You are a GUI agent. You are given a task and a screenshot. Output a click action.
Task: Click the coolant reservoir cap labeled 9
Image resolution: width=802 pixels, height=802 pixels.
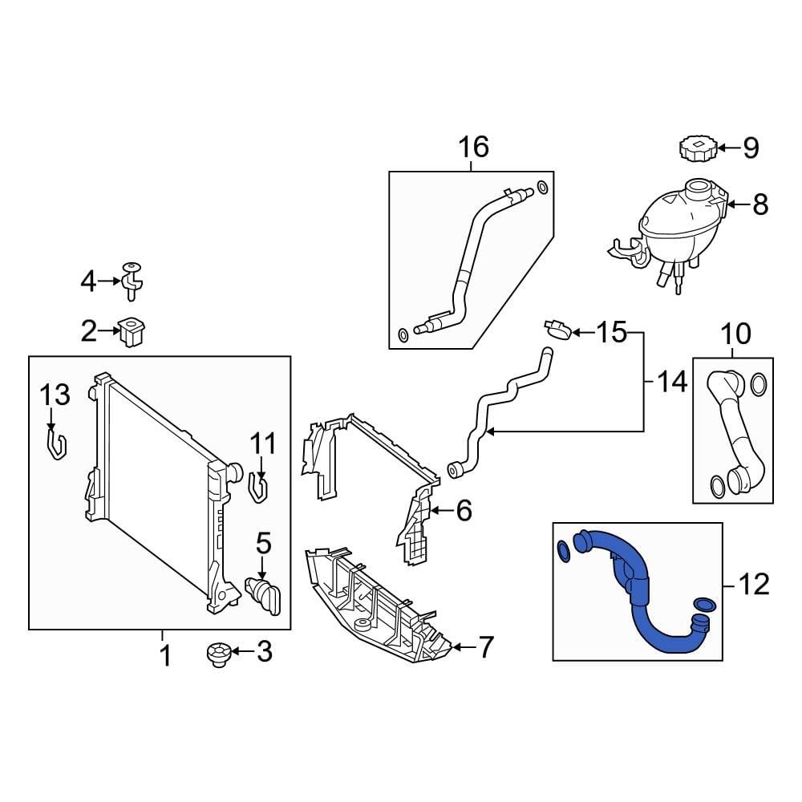(x=695, y=148)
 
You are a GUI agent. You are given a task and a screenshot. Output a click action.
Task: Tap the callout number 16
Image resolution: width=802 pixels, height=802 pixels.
(x=473, y=147)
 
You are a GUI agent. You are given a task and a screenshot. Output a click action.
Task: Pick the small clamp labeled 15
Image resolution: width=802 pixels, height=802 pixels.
(x=558, y=329)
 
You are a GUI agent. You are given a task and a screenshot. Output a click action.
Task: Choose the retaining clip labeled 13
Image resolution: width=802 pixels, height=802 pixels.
(x=55, y=445)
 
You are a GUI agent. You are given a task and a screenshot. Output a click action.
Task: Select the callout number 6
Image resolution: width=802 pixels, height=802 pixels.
(x=464, y=510)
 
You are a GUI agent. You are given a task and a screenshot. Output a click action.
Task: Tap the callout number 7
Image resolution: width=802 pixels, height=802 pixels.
(x=485, y=646)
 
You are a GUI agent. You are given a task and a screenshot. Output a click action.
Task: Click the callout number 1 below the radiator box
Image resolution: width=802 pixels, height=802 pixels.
(x=164, y=657)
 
